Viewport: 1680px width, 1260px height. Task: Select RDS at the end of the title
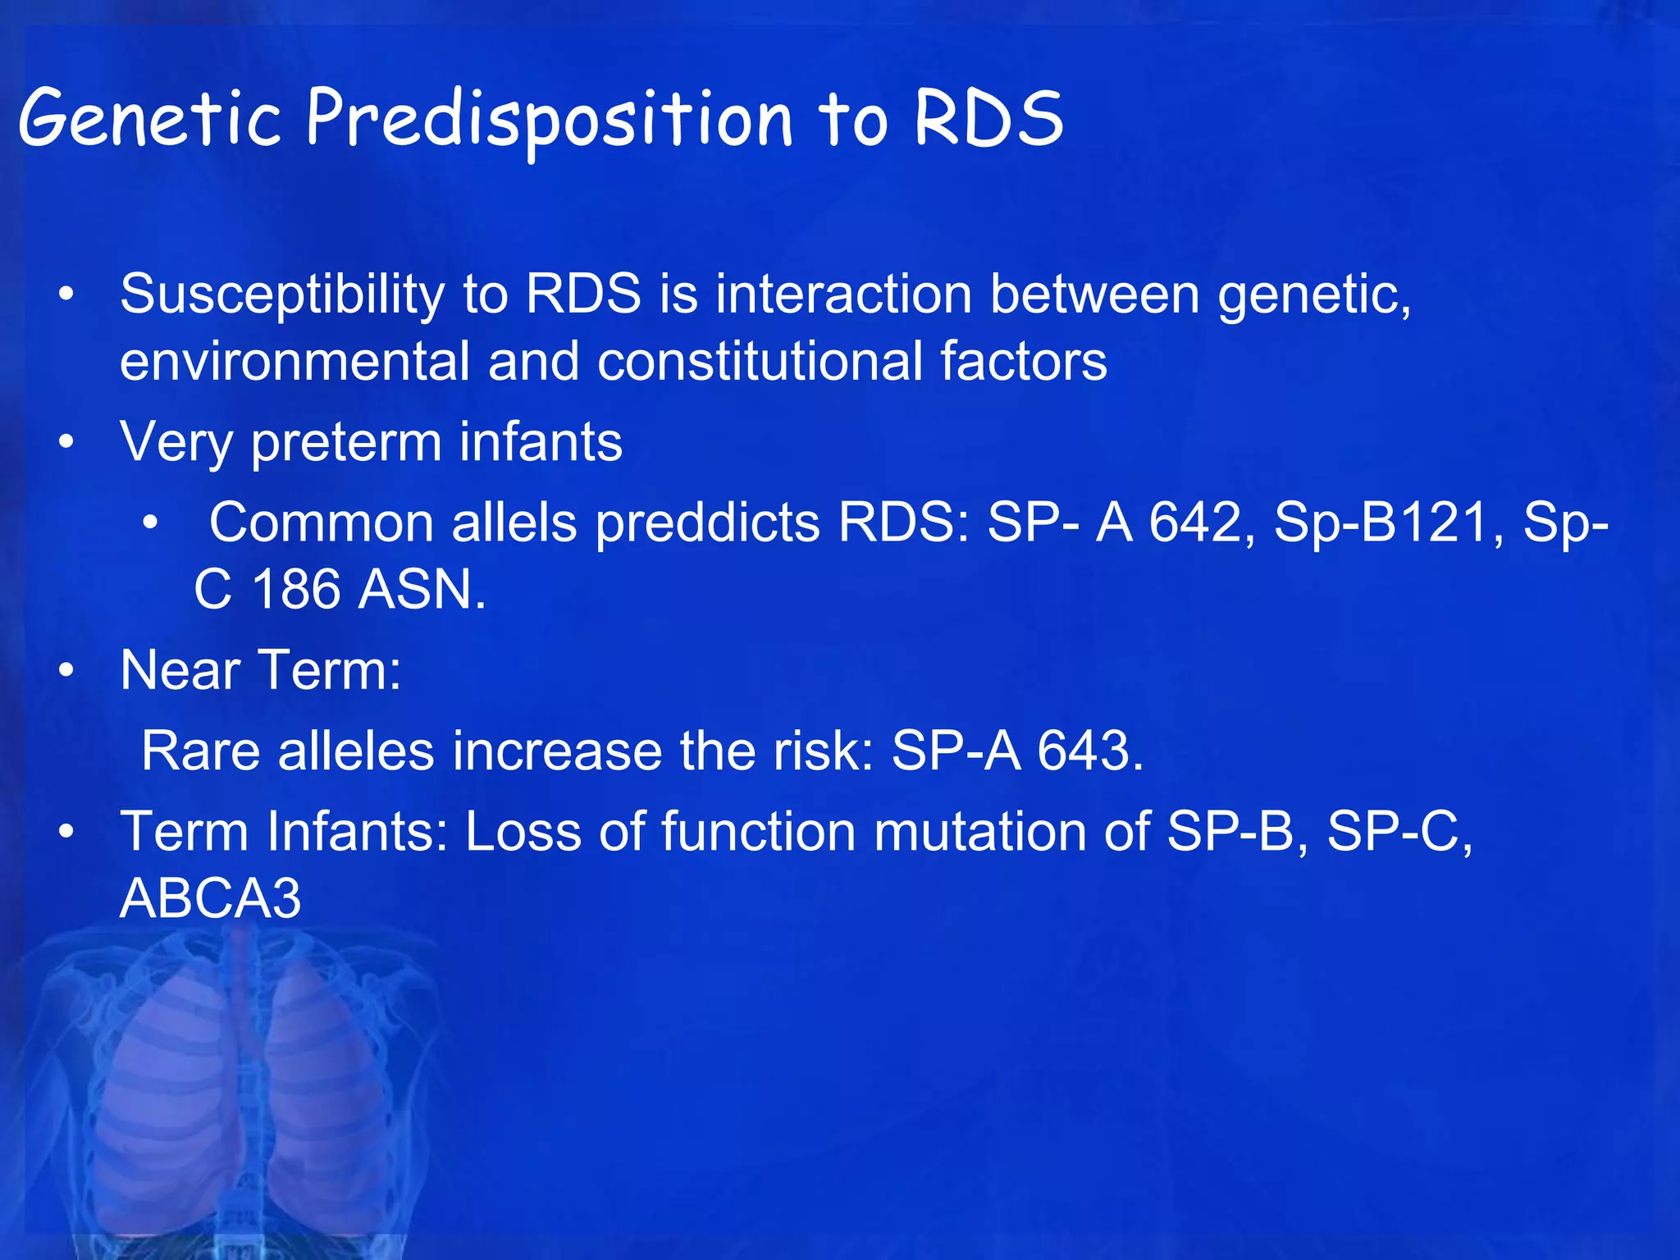pyautogui.click(x=988, y=119)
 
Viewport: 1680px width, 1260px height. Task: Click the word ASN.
pyautogui.click(x=422, y=590)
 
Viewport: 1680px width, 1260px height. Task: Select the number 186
pyautogui.click(x=295, y=590)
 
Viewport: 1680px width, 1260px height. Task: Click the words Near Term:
pyautogui.click(x=261, y=670)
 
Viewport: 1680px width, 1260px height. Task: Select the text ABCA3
pyautogui.click(x=211, y=898)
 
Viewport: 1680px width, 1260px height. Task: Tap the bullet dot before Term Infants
pyautogui.click(x=66, y=832)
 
